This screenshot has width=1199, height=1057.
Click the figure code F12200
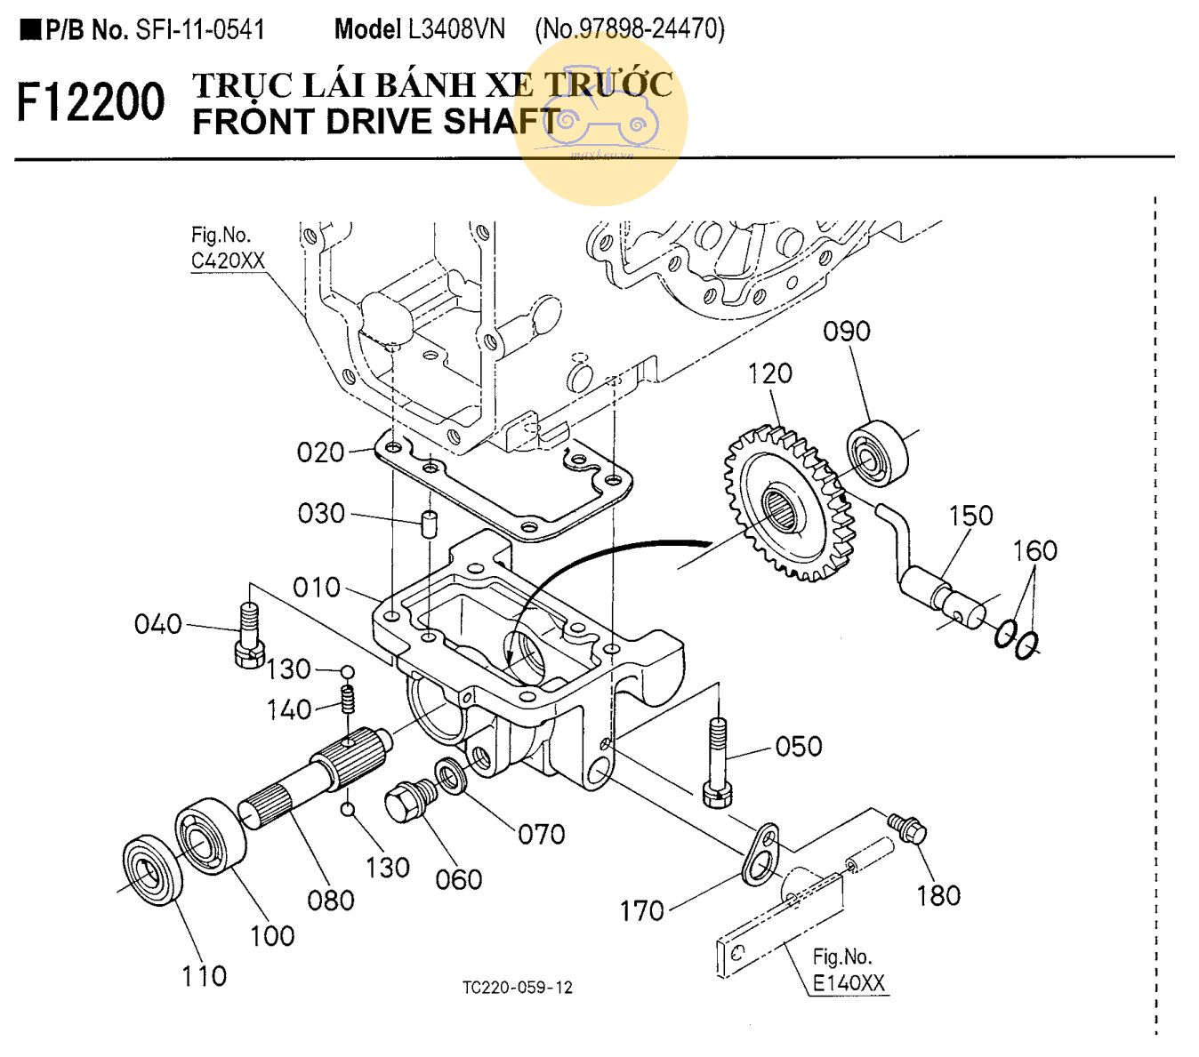click(x=91, y=102)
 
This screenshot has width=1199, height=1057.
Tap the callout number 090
click(x=846, y=332)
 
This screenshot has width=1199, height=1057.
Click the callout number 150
click(x=970, y=516)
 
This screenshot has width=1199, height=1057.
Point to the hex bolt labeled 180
click(x=908, y=829)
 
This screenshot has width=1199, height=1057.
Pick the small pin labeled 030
click(x=429, y=524)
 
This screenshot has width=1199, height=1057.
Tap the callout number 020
click(x=320, y=452)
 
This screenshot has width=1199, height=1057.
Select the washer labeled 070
click(x=452, y=777)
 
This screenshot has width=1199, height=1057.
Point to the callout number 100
click(x=271, y=936)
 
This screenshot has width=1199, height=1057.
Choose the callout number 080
click(x=330, y=901)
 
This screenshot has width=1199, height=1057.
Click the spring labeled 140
click(x=348, y=699)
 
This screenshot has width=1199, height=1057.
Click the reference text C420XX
click(x=228, y=260)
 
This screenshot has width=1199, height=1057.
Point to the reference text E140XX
click(x=849, y=983)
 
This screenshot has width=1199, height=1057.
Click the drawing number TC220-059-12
click(x=517, y=988)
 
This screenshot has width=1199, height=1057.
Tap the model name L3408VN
click(x=456, y=29)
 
